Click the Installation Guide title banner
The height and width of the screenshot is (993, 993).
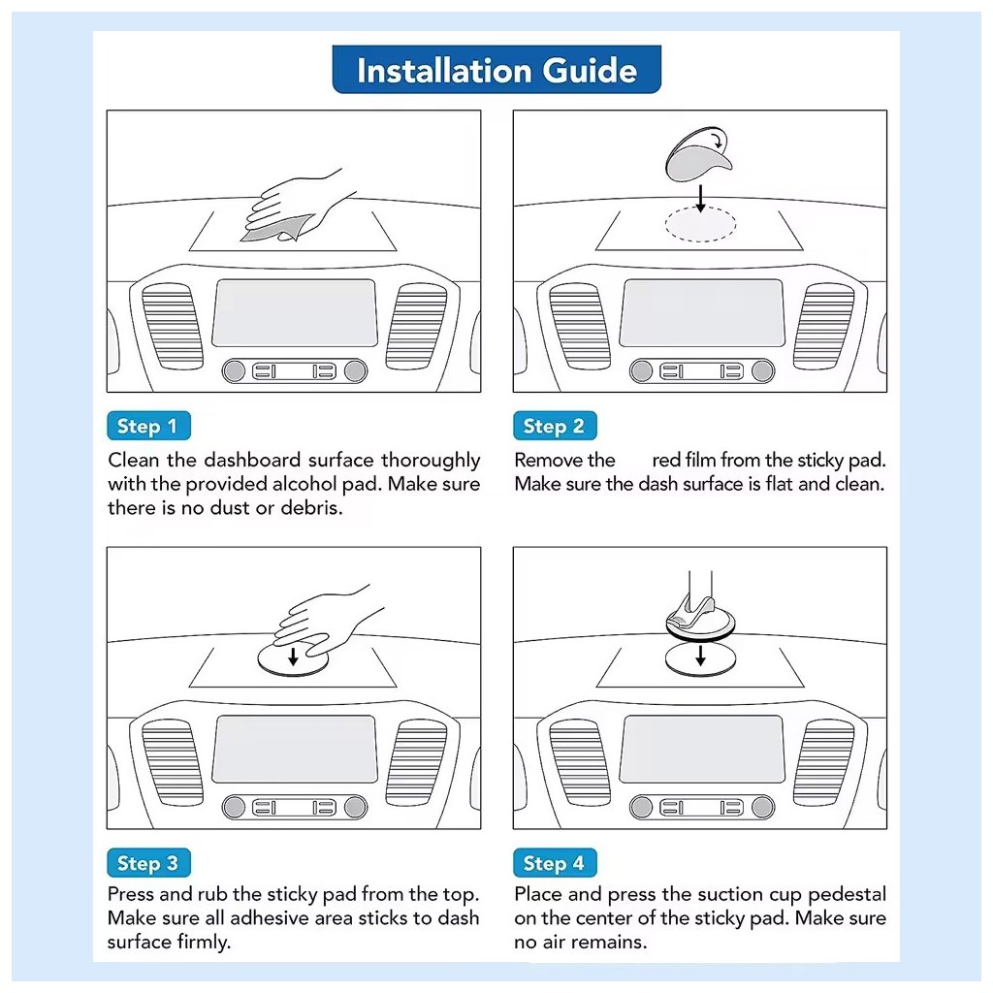[x=496, y=70]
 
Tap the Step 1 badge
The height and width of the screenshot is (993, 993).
[x=147, y=426]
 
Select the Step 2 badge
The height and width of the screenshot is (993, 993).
[x=554, y=426]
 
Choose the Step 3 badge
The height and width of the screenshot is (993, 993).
[x=147, y=863]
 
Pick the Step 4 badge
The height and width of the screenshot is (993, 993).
[x=554, y=863]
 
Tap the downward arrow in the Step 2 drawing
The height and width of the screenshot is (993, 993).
[x=701, y=197]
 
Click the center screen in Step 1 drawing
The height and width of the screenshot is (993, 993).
[x=295, y=312]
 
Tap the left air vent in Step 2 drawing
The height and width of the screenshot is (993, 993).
[x=579, y=325]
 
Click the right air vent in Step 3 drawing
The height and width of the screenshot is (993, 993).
[x=416, y=761]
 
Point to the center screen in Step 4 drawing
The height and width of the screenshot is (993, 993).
[x=702, y=749]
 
